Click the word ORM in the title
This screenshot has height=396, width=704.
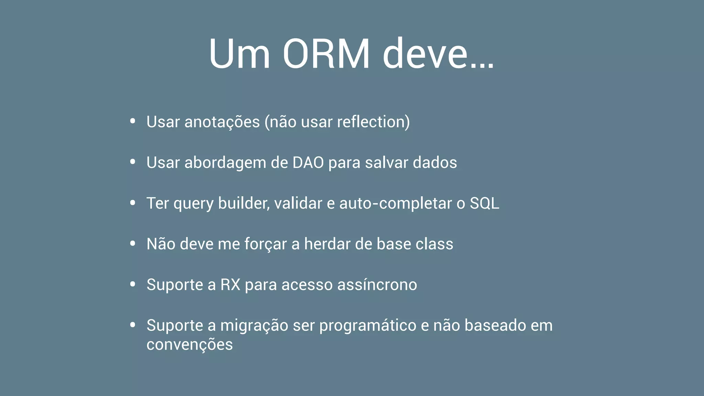[x=326, y=54]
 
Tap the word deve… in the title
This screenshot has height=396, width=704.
[x=438, y=54]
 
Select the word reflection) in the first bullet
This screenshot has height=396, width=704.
[x=373, y=122]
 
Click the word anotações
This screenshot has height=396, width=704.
[x=222, y=122]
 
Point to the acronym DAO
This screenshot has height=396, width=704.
[x=308, y=163]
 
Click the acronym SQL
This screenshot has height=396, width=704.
[x=484, y=203]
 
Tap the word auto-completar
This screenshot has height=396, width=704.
[x=395, y=203]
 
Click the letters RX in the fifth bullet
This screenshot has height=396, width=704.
[x=230, y=285]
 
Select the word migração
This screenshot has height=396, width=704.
[x=254, y=326]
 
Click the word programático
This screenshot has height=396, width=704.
[x=367, y=326]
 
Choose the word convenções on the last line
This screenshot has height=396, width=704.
[x=189, y=344]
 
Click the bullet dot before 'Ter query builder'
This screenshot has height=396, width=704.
[x=133, y=203]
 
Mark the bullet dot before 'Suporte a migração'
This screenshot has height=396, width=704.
[x=133, y=325]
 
